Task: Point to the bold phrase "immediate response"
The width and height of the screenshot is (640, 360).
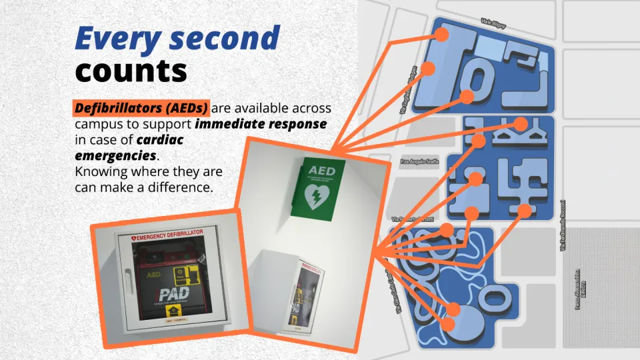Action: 261,124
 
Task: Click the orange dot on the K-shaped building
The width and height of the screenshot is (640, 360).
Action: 519,124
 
